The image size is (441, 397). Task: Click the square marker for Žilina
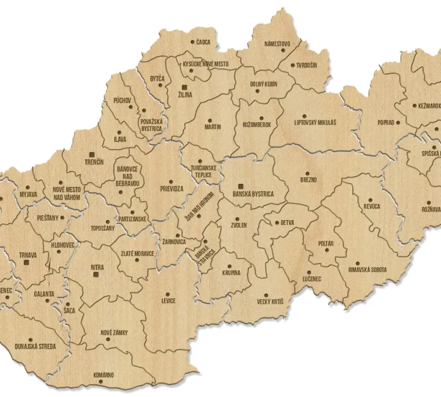184,87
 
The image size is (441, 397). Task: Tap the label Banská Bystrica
253,194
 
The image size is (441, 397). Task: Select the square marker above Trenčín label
93,153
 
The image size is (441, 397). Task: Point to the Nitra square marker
97,275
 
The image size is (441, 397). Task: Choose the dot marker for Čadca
193,41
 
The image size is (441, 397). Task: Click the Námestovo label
277,44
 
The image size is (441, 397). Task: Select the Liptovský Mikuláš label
315,123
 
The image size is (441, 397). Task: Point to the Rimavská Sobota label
367,270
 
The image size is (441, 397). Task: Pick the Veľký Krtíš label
270,301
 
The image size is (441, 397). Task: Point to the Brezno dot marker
308,173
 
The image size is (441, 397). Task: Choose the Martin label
212,127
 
